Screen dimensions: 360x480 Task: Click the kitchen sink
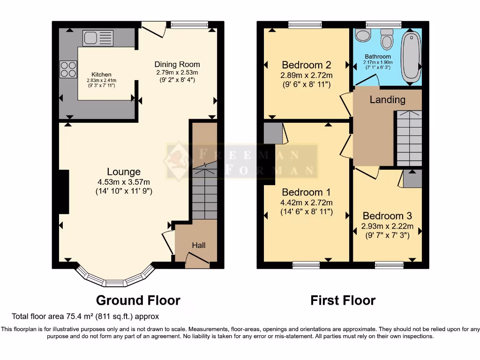coord(98,37)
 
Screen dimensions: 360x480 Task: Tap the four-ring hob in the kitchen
coord(68,69)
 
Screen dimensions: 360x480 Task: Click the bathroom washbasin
coord(362,35)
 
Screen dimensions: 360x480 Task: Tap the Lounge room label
coord(124,172)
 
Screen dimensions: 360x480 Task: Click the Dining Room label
coord(177,64)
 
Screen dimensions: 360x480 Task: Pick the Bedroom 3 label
coord(387,216)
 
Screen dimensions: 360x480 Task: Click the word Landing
coord(387,99)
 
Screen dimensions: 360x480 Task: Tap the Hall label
coord(199,245)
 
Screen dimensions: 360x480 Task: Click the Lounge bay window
coord(115,279)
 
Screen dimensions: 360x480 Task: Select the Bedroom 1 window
coord(306,265)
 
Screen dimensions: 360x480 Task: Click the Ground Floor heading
coord(138,300)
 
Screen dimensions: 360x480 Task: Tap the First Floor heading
coord(343,300)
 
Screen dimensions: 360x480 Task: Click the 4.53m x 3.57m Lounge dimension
coord(124,182)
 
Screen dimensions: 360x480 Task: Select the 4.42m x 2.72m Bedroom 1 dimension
coord(307,202)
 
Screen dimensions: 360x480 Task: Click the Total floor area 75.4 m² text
coord(85,316)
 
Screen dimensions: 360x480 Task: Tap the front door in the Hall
coord(197,259)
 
